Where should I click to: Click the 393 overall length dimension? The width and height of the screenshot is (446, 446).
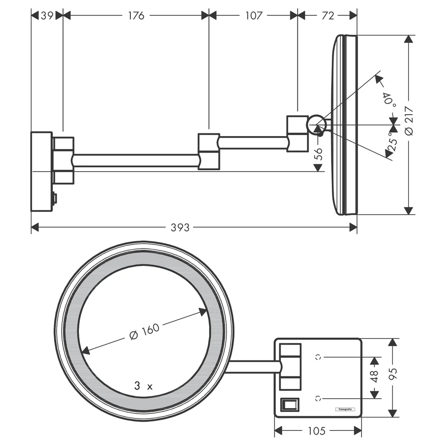click(180, 227)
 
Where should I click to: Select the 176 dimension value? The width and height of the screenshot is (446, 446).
click(136, 16)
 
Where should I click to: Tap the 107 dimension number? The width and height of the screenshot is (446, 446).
click(253, 16)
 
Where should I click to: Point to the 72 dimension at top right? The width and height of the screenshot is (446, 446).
click(328, 16)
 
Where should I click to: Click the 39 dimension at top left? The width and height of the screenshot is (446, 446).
click(47, 16)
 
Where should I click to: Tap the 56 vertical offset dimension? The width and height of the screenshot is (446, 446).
click(319, 153)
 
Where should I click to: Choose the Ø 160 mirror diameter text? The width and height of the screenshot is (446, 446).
click(144, 331)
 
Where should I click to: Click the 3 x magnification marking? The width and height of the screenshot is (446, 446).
click(144, 386)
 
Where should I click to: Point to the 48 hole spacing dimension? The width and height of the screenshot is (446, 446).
click(375, 376)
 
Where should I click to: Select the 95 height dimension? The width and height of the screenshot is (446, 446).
click(392, 374)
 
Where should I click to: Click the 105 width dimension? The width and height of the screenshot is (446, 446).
click(317, 431)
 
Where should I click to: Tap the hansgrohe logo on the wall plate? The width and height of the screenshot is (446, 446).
click(345, 409)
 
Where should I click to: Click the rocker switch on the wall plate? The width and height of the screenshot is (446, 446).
click(290, 405)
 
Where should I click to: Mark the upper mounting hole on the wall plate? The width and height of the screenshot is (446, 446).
click(318, 357)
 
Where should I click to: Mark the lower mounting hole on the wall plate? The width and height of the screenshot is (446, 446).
click(318, 398)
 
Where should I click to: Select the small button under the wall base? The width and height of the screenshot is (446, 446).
click(55, 198)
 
